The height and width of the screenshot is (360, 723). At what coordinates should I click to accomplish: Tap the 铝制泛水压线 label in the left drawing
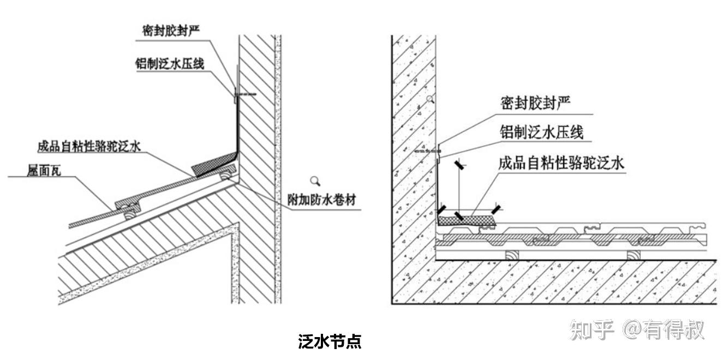[x=170, y=64]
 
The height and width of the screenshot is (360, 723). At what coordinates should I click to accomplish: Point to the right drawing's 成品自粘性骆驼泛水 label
[x=561, y=163]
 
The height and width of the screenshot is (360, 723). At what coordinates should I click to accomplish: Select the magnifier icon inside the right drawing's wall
[x=431, y=99]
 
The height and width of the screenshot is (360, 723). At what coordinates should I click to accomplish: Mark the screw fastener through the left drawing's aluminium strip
[x=244, y=94]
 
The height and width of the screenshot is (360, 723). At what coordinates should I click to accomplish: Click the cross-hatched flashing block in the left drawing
[x=213, y=164]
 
